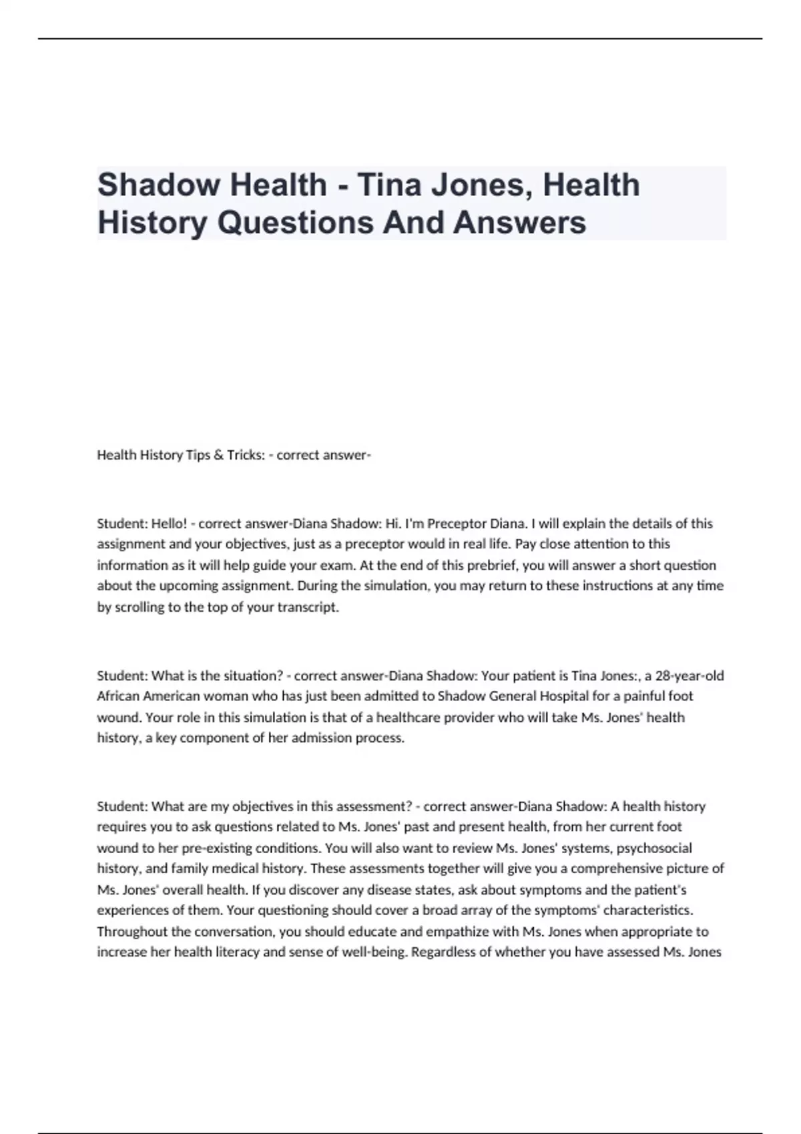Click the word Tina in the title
pyautogui.click(x=388, y=185)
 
